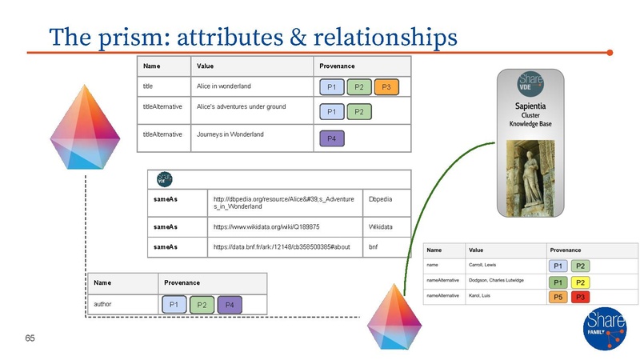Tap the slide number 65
click(x=30, y=338)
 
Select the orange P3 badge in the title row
click(x=386, y=87)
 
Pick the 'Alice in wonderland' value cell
click(x=224, y=86)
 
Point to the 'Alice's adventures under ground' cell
click(x=241, y=106)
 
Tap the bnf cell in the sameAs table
click(x=373, y=247)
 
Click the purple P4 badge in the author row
click(x=229, y=305)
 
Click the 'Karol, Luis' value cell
click(x=482, y=296)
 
